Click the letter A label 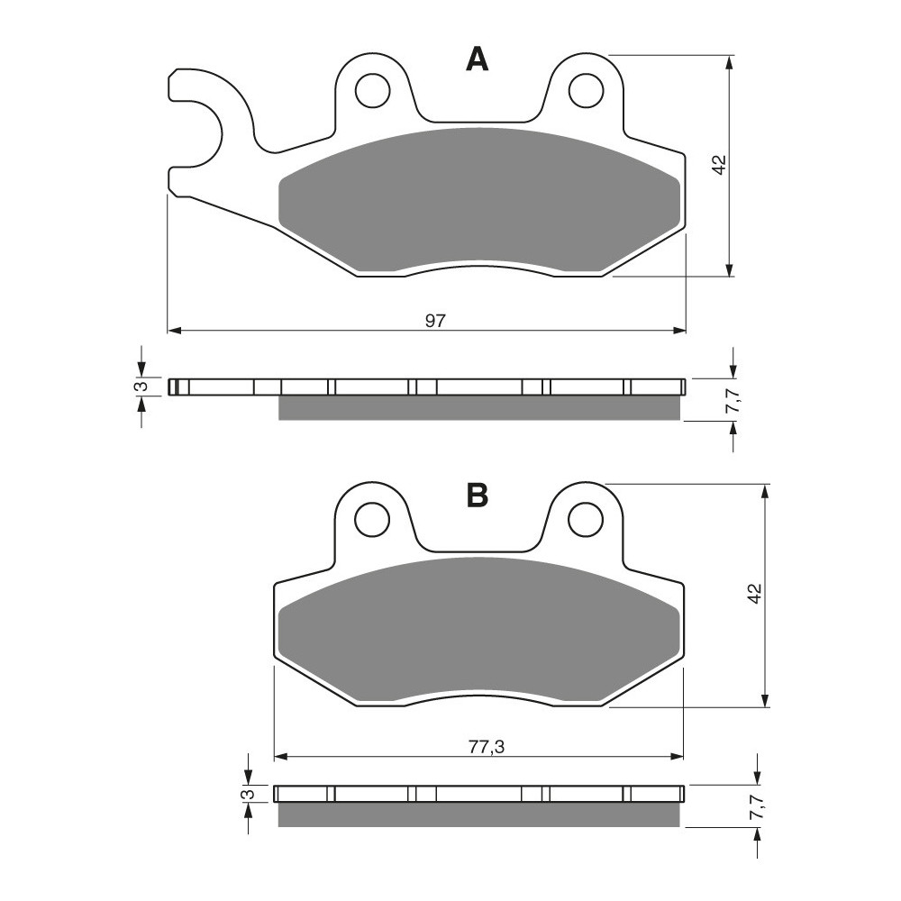tap(477, 59)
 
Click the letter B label tap(478, 495)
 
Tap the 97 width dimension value tap(435, 320)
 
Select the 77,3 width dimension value tap(487, 747)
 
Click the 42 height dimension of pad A tap(721, 165)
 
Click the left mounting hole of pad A tap(372, 91)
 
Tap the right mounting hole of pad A tap(587, 90)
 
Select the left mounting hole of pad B tap(372, 520)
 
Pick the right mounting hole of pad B tap(586, 520)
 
